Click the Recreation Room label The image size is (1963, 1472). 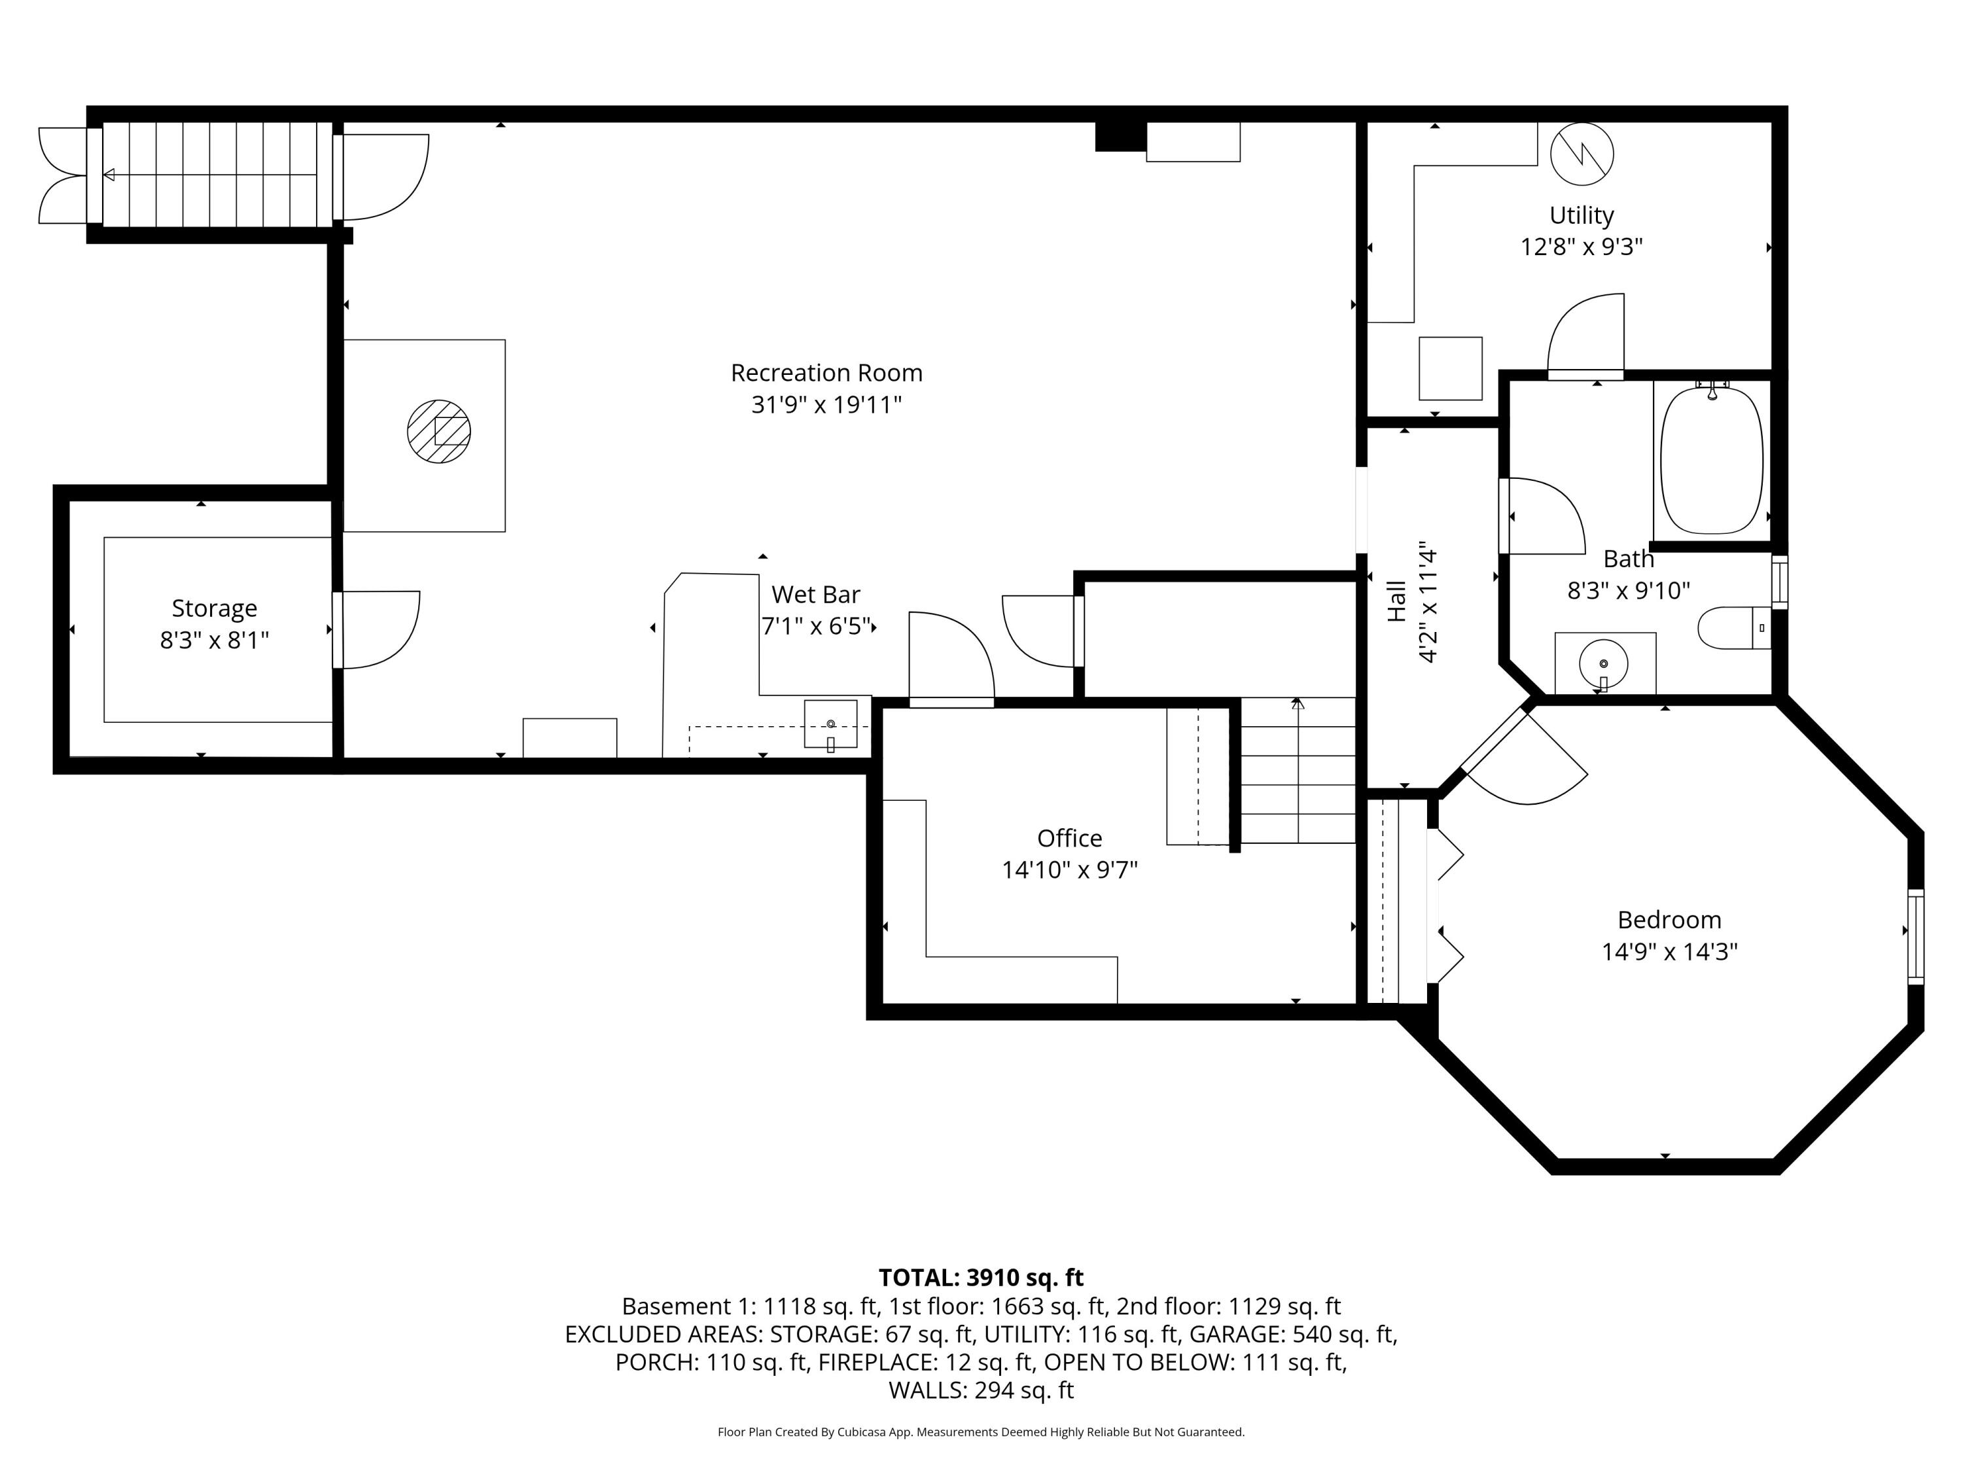826,373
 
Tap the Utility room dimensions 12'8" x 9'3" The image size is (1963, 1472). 1582,247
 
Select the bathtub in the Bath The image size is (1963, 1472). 1711,460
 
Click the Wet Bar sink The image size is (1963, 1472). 830,724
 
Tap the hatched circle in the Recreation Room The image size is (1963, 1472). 438,431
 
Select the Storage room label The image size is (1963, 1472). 214,608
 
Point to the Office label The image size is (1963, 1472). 1069,839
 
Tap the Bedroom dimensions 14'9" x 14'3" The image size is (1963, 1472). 1669,952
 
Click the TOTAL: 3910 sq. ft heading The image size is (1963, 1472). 981,1278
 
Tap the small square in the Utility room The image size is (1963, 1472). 1450,368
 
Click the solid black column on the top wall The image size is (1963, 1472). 1122,136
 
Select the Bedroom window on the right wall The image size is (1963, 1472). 1917,936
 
